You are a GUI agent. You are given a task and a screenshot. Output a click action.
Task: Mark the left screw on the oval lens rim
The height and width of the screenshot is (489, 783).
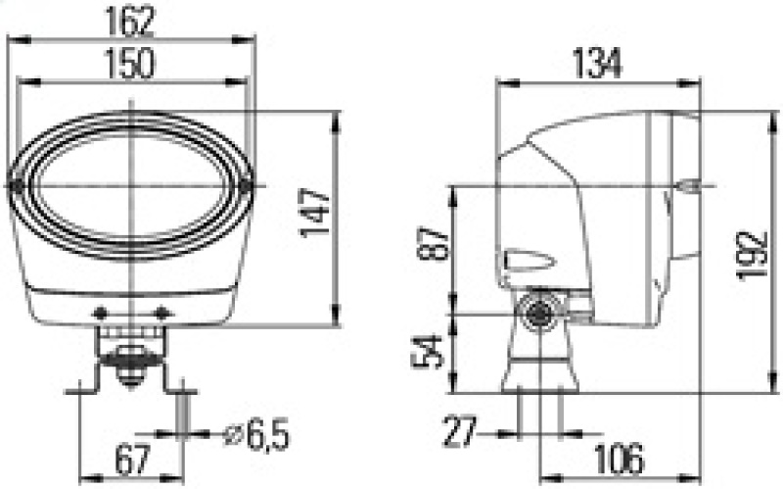(17, 185)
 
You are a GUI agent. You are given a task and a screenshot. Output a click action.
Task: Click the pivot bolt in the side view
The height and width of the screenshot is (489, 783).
(537, 314)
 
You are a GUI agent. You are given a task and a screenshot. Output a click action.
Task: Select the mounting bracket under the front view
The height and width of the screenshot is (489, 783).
(130, 363)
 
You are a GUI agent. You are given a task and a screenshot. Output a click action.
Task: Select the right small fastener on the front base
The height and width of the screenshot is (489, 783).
(161, 313)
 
